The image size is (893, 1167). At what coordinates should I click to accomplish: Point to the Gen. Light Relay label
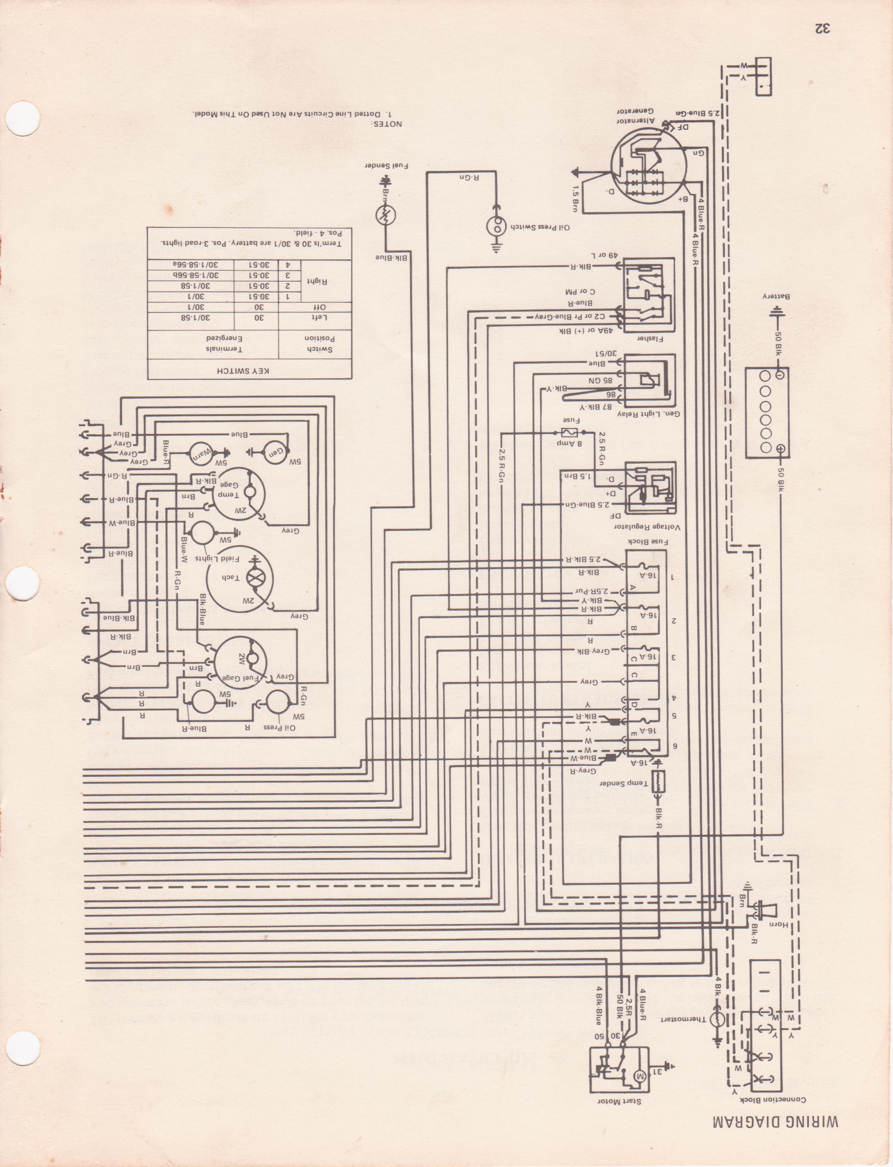click(x=649, y=413)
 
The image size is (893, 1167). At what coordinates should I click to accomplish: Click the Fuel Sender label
click(x=387, y=166)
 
